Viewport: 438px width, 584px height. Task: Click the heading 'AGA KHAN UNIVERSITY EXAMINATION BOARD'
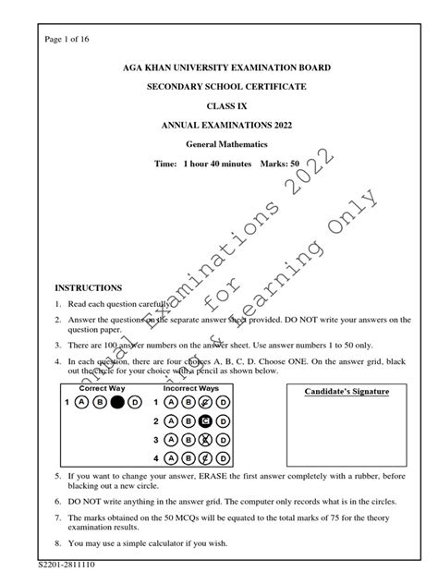coord(218,68)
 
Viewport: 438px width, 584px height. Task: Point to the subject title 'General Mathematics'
coord(218,145)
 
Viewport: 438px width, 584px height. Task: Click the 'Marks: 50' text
coord(292,163)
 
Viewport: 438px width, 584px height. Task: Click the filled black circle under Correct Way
coord(117,403)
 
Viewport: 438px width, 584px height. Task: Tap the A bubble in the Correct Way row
coord(82,403)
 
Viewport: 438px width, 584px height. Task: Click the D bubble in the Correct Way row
coord(135,403)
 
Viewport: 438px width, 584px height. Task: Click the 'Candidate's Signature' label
coord(347,392)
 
